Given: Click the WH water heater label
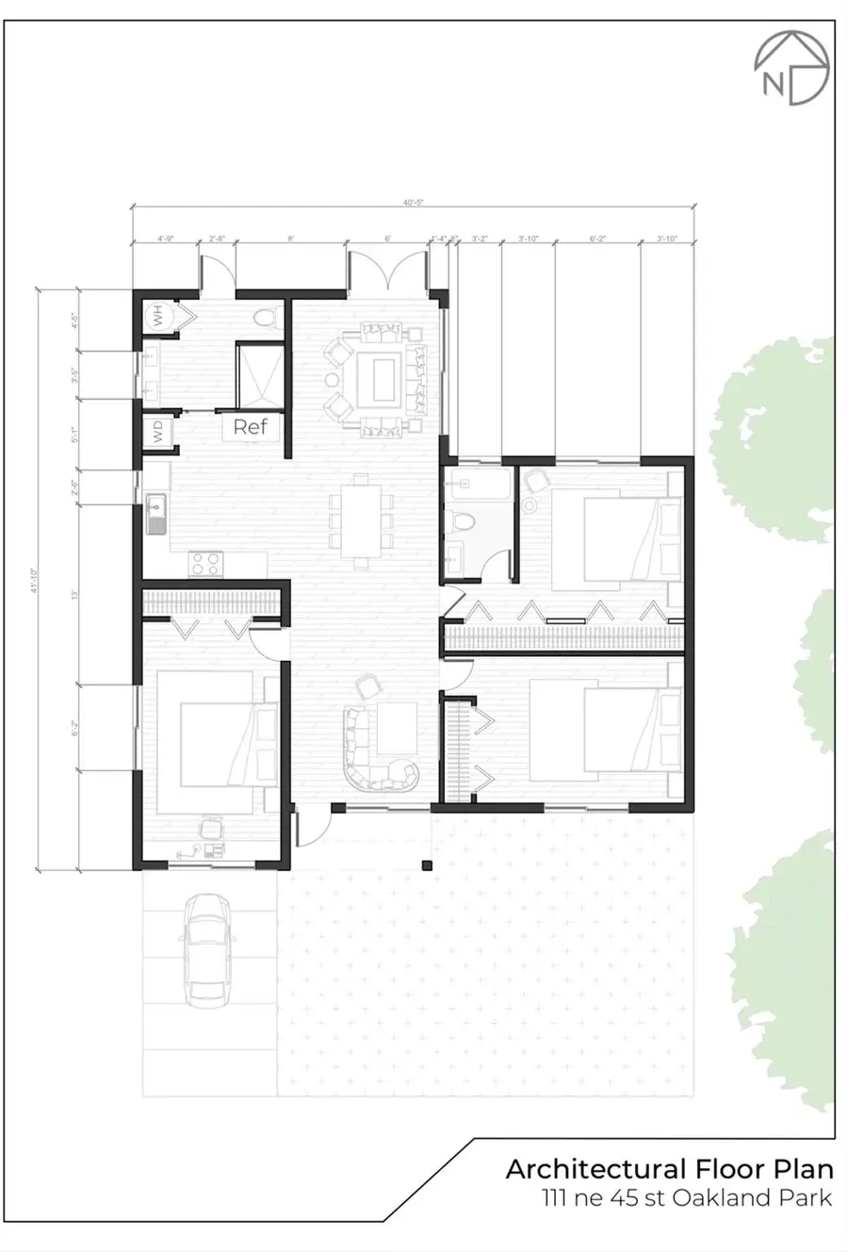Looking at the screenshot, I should click(x=157, y=316).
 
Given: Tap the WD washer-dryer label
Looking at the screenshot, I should click(x=157, y=432).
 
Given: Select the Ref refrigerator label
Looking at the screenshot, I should click(x=251, y=426).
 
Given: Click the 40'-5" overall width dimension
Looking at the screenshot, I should click(x=413, y=200).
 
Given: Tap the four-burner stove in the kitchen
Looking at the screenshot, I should click(x=207, y=563).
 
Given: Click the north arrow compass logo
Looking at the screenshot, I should click(x=791, y=69).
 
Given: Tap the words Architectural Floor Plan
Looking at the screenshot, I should click(x=669, y=1170).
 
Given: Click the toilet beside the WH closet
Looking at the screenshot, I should click(x=267, y=317).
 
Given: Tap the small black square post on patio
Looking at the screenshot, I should click(x=427, y=865).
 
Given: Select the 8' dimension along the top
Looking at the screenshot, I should click(x=291, y=239).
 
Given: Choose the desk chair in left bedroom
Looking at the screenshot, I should click(x=209, y=828).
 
